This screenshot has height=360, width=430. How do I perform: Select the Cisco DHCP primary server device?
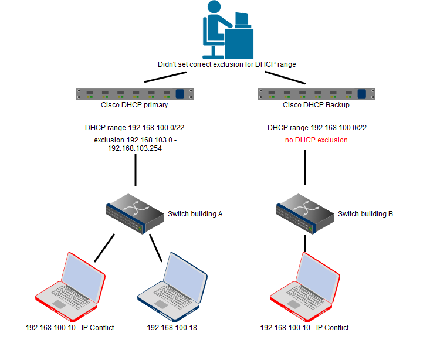click(x=135, y=93)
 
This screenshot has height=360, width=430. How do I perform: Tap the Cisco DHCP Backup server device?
click(x=317, y=93)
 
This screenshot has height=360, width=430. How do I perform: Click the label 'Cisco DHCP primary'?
click(x=134, y=105)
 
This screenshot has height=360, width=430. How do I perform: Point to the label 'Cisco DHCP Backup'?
click(x=316, y=105)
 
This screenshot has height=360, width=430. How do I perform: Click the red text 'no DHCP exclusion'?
click(x=316, y=140)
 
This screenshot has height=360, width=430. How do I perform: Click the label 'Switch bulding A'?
click(x=195, y=214)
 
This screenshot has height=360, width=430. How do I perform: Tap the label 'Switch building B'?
click(x=365, y=214)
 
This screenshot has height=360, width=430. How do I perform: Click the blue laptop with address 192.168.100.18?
click(x=172, y=281)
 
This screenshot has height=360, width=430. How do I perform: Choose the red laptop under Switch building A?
click(x=70, y=281)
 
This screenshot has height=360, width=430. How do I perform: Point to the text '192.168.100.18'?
click(x=172, y=327)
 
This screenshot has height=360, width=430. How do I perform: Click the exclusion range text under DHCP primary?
click(x=135, y=145)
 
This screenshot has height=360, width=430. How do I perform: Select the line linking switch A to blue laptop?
click(x=155, y=247)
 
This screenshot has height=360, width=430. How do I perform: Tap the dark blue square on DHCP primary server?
click(x=180, y=93)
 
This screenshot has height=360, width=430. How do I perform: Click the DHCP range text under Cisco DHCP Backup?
click(x=317, y=127)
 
